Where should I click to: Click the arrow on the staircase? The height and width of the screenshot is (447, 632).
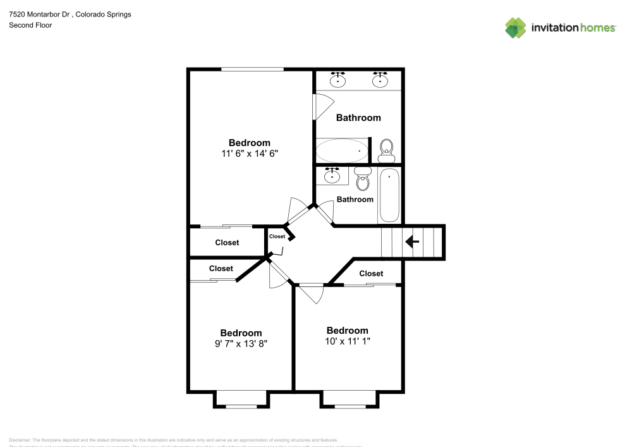pyautogui.click(x=413, y=242)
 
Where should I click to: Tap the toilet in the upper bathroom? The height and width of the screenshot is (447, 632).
pyautogui.click(x=386, y=149)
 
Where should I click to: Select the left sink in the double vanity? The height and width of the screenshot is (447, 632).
pyautogui.click(x=339, y=80)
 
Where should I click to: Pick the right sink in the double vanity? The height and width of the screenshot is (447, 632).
pyautogui.click(x=380, y=80)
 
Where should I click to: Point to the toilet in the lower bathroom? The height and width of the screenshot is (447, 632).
pyautogui.click(x=363, y=180)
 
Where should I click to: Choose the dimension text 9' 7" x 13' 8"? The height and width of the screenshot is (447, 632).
pyautogui.click(x=241, y=344)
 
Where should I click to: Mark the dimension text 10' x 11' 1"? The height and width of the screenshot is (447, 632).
pyautogui.click(x=347, y=341)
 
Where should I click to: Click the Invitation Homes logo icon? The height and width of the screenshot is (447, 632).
pyautogui.click(x=516, y=27)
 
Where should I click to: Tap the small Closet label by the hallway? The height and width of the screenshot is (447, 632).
pyautogui.click(x=277, y=236)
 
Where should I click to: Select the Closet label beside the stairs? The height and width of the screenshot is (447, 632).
pyautogui.click(x=371, y=274)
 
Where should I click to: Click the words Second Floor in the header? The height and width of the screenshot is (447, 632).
pyautogui.click(x=30, y=25)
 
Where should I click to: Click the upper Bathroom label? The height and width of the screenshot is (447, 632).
pyautogui.click(x=358, y=118)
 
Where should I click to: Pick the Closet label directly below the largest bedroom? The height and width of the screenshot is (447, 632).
pyautogui.click(x=227, y=243)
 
